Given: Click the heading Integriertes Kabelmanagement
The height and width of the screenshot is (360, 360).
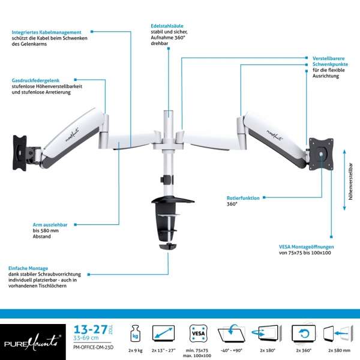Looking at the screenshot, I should [46, 32].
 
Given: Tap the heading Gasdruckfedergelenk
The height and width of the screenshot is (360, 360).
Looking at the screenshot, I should [36, 80].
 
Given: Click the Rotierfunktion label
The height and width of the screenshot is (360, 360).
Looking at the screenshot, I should [243, 197].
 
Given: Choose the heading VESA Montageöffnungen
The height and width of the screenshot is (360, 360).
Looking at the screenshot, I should [306, 247].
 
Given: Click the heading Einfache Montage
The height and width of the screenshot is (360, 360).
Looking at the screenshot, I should [28, 268].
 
